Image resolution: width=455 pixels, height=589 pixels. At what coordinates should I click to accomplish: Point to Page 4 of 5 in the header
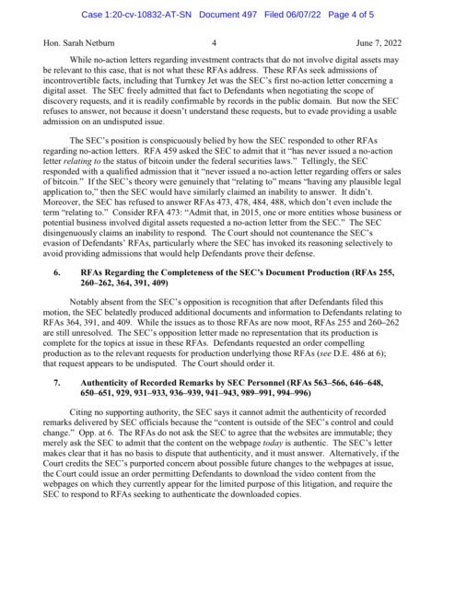[379, 13]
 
